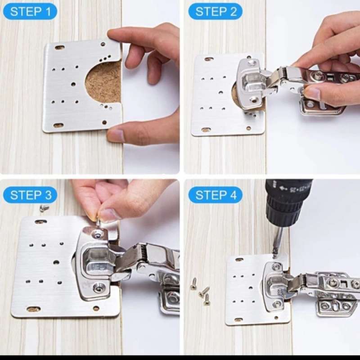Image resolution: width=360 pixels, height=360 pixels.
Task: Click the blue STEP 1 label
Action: [x=30, y=11]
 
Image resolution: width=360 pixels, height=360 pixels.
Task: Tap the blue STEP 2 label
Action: [x=215, y=11]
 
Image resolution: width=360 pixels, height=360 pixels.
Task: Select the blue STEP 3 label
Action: [x=30, y=195]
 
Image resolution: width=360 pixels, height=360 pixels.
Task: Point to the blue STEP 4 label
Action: [x=215, y=195]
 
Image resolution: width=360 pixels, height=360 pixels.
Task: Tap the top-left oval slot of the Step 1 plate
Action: [x=59, y=47]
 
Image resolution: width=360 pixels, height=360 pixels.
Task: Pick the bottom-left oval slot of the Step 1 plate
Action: [x=58, y=125]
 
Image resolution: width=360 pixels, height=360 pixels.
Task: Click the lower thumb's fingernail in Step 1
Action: [x=117, y=135]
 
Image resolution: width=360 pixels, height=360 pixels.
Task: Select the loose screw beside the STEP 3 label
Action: [x=44, y=208]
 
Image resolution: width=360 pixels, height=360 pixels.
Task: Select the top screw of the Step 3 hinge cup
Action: [x=98, y=234]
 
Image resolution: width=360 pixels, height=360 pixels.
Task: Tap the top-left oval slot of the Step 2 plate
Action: [x=208, y=59]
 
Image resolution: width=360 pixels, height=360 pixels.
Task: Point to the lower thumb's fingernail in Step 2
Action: [x=312, y=94]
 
